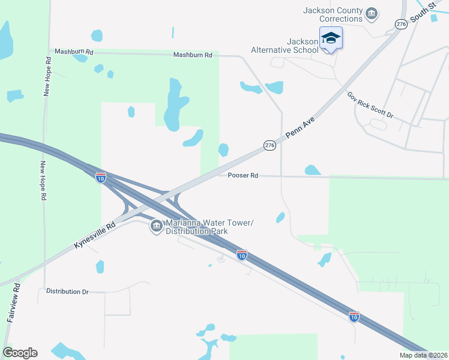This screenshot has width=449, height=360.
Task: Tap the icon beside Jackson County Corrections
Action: pyautogui.click(x=372, y=13)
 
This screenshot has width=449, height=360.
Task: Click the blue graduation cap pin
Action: pyautogui.click(x=331, y=38)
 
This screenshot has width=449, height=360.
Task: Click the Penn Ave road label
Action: pyautogui.click(x=301, y=128)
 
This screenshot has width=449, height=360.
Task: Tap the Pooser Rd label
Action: pyautogui.click(x=243, y=176)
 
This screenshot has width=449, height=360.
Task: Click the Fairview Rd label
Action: pyautogui.click(x=14, y=303)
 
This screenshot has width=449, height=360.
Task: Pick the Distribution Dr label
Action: pyautogui.click(x=67, y=292)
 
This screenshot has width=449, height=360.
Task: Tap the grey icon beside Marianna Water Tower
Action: pyautogui.click(x=156, y=226)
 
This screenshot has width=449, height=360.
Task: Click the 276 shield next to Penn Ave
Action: pyautogui.click(x=270, y=145)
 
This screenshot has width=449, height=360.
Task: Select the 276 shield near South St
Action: pyautogui.click(x=401, y=24)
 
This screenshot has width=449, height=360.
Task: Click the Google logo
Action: pyautogui.click(x=20, y=353)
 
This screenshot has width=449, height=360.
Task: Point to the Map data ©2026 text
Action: pyautogui.click(x=423, y=355)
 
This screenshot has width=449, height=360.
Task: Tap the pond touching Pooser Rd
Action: pyautogui.click(x=312, y=170)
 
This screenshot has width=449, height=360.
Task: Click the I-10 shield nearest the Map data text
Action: pyautogui.click(x=354, y=316)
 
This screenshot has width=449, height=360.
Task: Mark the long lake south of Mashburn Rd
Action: pyautogui.click(x=173, y=105)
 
